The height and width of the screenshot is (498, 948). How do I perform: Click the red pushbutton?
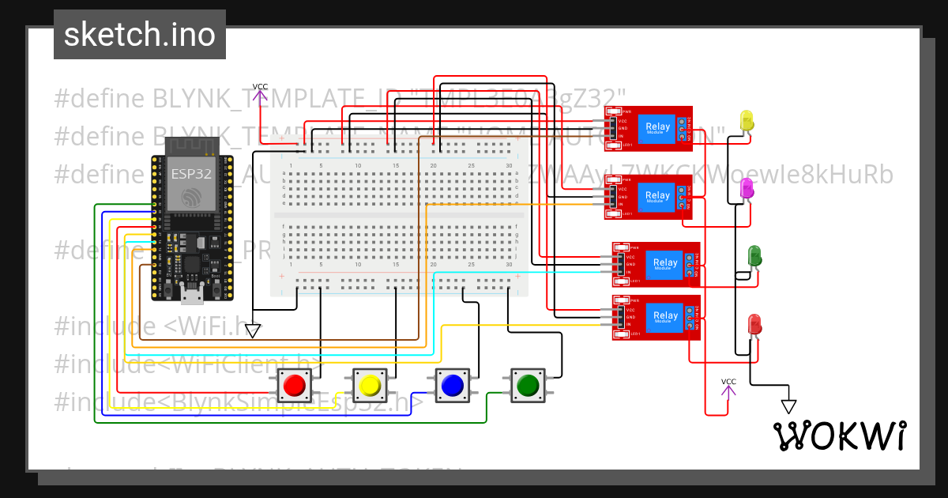pos(295,385)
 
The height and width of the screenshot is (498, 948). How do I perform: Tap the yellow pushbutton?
pos(370,385)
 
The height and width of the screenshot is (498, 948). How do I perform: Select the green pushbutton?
pos(526,385)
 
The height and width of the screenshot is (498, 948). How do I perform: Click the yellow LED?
pos(747,121)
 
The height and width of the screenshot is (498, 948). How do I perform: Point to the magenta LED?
pos(746,188)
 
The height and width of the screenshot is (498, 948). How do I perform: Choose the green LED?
pos(754,255)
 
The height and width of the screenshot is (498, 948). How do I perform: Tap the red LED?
pos(754,323)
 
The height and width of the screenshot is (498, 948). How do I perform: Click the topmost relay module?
pos(649,128)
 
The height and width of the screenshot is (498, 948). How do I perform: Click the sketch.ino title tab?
pos(140,35)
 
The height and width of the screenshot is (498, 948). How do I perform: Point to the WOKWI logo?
pos(839,436)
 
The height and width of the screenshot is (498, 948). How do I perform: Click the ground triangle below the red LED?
pos(788,406)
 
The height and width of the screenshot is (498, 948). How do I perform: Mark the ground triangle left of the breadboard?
pos(253,330)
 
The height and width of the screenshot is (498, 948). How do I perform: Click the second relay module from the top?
pos(649,197)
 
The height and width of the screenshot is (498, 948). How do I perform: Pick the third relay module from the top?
pos(656,263)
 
